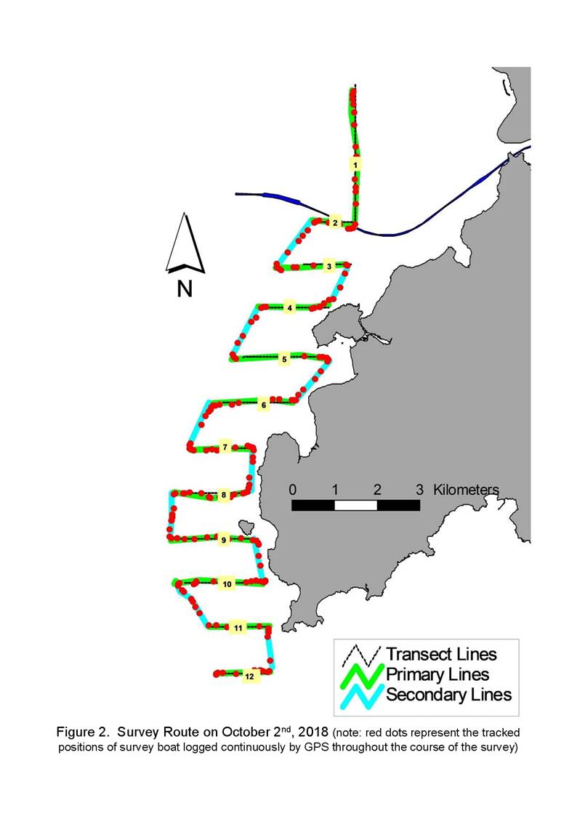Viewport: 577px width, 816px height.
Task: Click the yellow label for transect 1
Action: coord(355,165)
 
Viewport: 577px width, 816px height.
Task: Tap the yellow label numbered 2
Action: coord(335,223)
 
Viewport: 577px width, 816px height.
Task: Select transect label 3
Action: coord(328,267)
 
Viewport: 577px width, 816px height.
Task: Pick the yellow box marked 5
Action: coord(284,360)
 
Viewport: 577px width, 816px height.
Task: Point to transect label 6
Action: coord(264,405)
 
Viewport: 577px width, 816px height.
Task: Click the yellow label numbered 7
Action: coord(225,447)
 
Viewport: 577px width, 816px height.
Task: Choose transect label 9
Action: coord(224,540)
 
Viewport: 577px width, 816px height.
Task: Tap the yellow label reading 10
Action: coord(227,584)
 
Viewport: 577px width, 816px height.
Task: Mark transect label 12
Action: coord(249,676)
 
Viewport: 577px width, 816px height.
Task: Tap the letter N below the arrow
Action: coord(185,288)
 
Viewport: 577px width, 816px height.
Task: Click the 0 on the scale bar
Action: coord(293,490)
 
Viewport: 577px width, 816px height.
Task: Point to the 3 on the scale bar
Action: coord(420,490)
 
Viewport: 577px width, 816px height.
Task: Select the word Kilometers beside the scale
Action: coord(466,490)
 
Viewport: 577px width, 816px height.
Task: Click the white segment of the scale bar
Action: coord(355,505)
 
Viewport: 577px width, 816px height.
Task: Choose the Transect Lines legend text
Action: coord(441,654)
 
